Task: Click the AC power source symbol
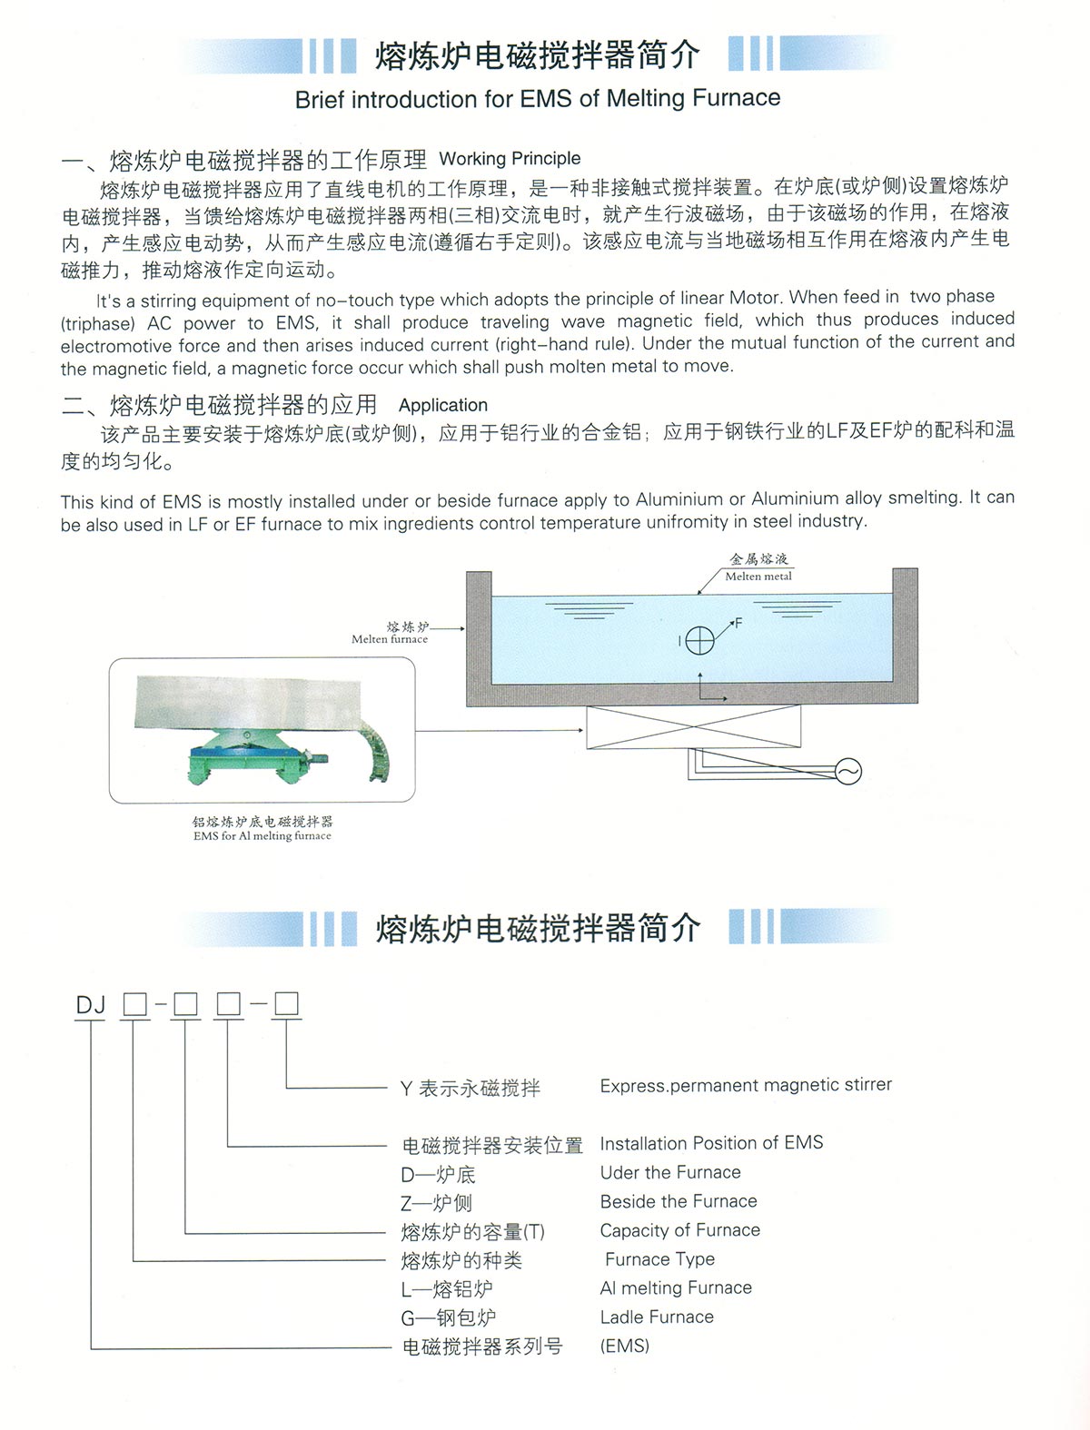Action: tap(847, 772)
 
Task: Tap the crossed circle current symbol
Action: tap(699, 641)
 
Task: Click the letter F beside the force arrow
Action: tap(738, 623)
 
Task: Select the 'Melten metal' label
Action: tap(758, 576)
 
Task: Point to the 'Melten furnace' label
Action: tap(390, 639)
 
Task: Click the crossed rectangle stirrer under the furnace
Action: tap(694, 727)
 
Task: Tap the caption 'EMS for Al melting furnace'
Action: tap(263, 836)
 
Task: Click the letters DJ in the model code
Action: tap(91, 1005)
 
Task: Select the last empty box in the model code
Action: tap(287, 1003)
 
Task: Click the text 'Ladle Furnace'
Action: tap(657, 1317)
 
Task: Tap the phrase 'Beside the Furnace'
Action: tap(679, 1201)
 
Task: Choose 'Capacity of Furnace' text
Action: tap(680, 1230)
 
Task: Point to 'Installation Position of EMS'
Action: tap(711, 1143)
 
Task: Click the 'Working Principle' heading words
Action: tap(510, 159)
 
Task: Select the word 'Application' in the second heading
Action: tap(443, 405)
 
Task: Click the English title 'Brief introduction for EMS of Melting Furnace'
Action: tap(538, 98)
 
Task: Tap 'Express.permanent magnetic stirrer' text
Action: tap(746, 1085)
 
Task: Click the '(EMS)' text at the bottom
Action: tap(625, 1346)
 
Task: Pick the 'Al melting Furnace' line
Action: tap(676, 1287)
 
